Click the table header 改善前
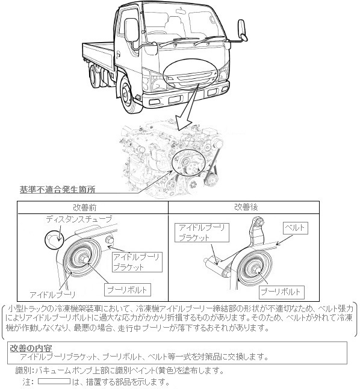point(85,207)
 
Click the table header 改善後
point(246,207)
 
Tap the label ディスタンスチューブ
point(79,219)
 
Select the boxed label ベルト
point(296,228)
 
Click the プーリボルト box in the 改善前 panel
point(128,290)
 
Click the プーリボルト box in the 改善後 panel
point(281,292)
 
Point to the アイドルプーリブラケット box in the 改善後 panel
point(202,233)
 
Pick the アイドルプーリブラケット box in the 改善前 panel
point(137,262)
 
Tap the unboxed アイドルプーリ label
point(52,295)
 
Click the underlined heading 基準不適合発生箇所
point(57,189)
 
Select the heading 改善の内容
point(31,348)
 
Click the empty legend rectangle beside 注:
point(54,381)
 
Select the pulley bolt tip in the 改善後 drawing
point(258,270)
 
